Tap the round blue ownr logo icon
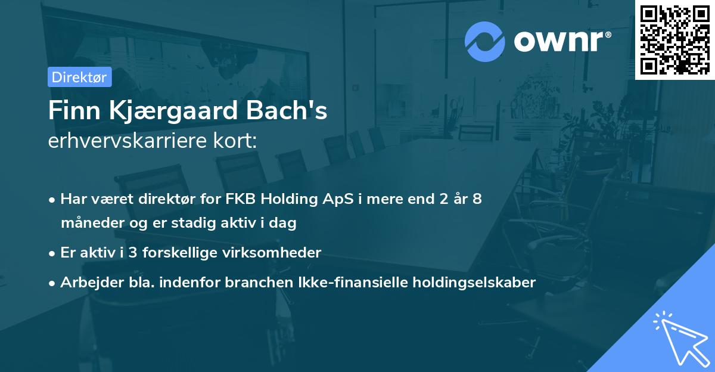484,41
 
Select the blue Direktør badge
79,77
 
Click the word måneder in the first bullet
91,224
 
